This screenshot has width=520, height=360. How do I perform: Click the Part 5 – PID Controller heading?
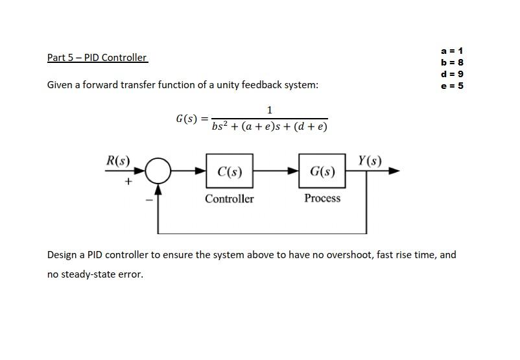[x=97, y=58]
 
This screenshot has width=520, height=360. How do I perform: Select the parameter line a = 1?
[x=452, y=51]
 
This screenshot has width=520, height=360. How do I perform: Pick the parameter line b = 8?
[x=452, y=62]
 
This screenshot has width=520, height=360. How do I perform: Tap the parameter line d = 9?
[x=452, y=74]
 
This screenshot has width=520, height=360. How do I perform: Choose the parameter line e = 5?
[x=452, y=86]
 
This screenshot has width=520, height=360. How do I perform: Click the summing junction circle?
[x=158, y=171]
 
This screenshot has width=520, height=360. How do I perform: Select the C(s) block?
[x=230, y=171]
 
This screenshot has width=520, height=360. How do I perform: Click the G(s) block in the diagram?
[x=322, y=171]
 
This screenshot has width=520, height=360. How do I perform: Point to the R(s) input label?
[x=118, y=160]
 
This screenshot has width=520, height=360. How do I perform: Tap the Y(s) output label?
[x=370, y=160]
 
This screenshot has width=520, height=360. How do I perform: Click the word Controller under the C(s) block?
[x=230, y=199]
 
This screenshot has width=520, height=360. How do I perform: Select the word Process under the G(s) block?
[x=322, y=198]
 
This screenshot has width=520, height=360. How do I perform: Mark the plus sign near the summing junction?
[x=128, y=182]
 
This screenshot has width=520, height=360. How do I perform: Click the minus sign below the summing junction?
[x=149, y=199]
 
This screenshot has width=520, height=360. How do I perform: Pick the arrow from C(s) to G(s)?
[x=276, y=171]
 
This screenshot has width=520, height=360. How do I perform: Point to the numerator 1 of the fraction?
[x=269, y=110]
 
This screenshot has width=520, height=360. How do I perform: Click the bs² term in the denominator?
[x=220, y=126]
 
